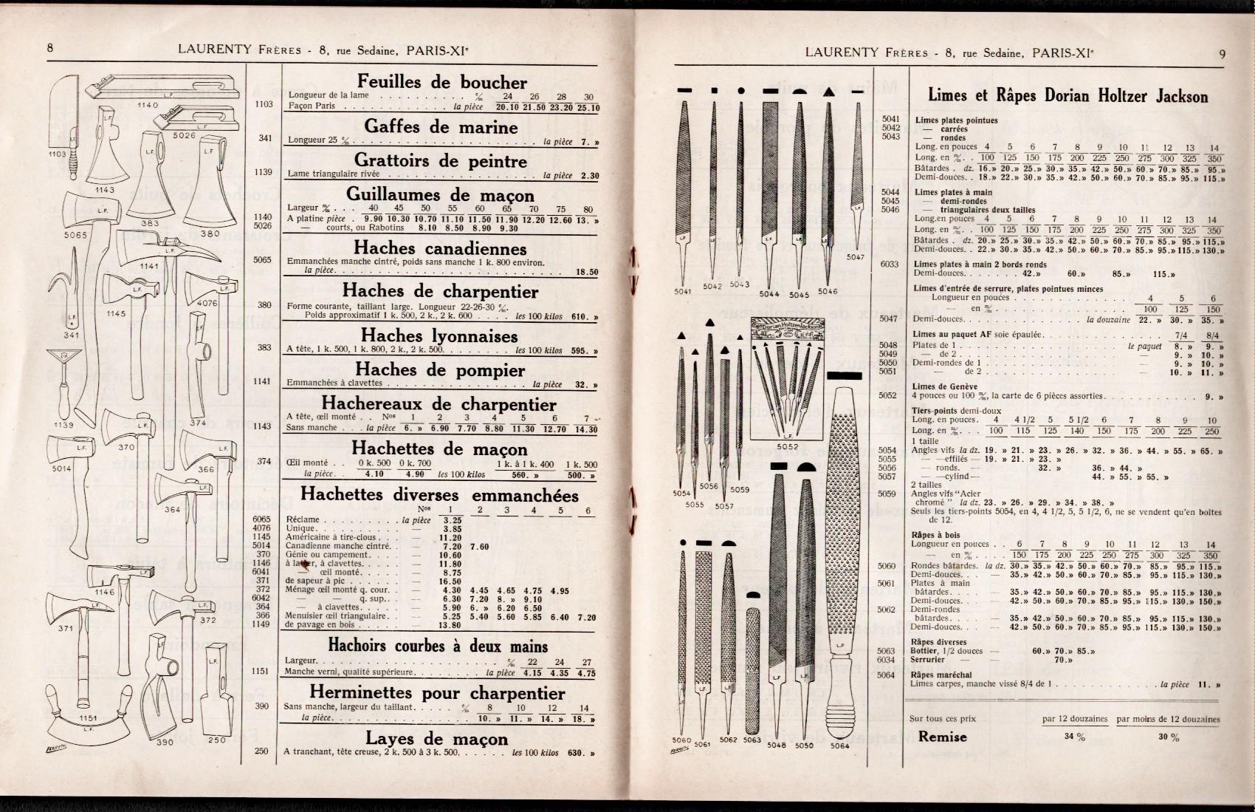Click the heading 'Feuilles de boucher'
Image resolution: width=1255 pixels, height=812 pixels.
click(441, 82)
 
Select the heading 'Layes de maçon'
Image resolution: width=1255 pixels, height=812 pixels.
click(436, 739)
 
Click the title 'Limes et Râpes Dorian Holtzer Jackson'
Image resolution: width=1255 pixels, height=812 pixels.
click(1067, 96)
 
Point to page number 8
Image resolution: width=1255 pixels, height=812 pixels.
click(50, 48)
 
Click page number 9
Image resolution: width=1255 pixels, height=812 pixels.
click(1222, 52)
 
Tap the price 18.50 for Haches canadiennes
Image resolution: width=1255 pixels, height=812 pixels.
click(586, 272)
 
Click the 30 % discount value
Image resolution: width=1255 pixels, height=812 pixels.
click(1169, 737)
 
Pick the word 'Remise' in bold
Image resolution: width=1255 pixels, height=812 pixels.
click(942, 737)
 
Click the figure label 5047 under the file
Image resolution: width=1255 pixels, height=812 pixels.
click(856, 257)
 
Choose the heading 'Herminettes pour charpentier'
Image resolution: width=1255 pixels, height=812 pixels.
click(437, 693)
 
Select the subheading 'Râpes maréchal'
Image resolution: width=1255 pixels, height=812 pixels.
click(941, 675)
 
